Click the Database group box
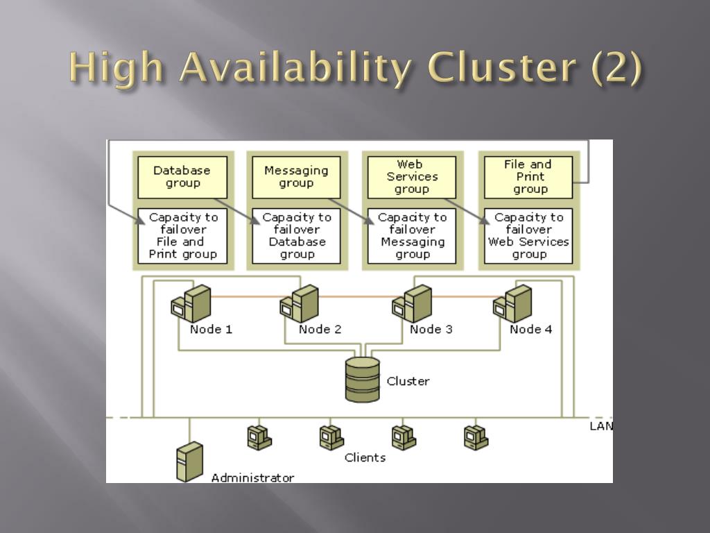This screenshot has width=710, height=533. point(182,177)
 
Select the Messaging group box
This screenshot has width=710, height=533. point(296,177)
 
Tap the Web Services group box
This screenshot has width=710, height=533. point(412,177)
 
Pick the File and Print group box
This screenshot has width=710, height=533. point(528,177)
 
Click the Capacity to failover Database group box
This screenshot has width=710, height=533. point(296,236)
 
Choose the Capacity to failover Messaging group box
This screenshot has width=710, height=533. point(412,236)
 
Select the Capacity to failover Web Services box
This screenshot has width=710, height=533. point(528,236)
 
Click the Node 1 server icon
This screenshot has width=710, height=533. point(191,303)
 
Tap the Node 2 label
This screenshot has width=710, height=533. point(320,330)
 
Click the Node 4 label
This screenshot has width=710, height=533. point(530,330)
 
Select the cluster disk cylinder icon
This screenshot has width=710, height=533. point(363,379)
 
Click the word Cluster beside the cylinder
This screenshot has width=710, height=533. point(408,381)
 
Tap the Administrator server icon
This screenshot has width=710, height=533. point(189,462)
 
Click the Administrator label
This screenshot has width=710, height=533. point(252,477)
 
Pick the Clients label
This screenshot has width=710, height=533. point(365,457)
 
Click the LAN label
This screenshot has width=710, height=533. point(600,426)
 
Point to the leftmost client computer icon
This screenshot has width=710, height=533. point(259,437)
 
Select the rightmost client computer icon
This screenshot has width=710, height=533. point(476,437)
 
